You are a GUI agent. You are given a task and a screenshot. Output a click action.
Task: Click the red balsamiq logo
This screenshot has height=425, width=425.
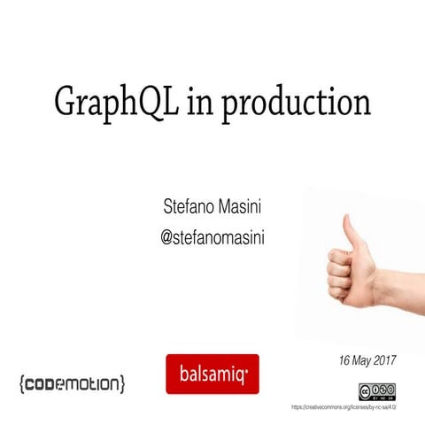[212, 374]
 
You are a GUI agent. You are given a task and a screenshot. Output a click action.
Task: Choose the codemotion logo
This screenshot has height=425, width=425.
[72, 383]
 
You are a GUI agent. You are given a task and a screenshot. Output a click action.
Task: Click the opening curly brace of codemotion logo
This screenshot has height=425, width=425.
[21, 383]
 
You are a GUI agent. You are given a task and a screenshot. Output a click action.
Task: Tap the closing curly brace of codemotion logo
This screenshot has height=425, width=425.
[122, 383]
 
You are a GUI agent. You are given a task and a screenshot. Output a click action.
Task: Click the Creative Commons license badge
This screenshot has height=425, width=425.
[377, 390]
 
